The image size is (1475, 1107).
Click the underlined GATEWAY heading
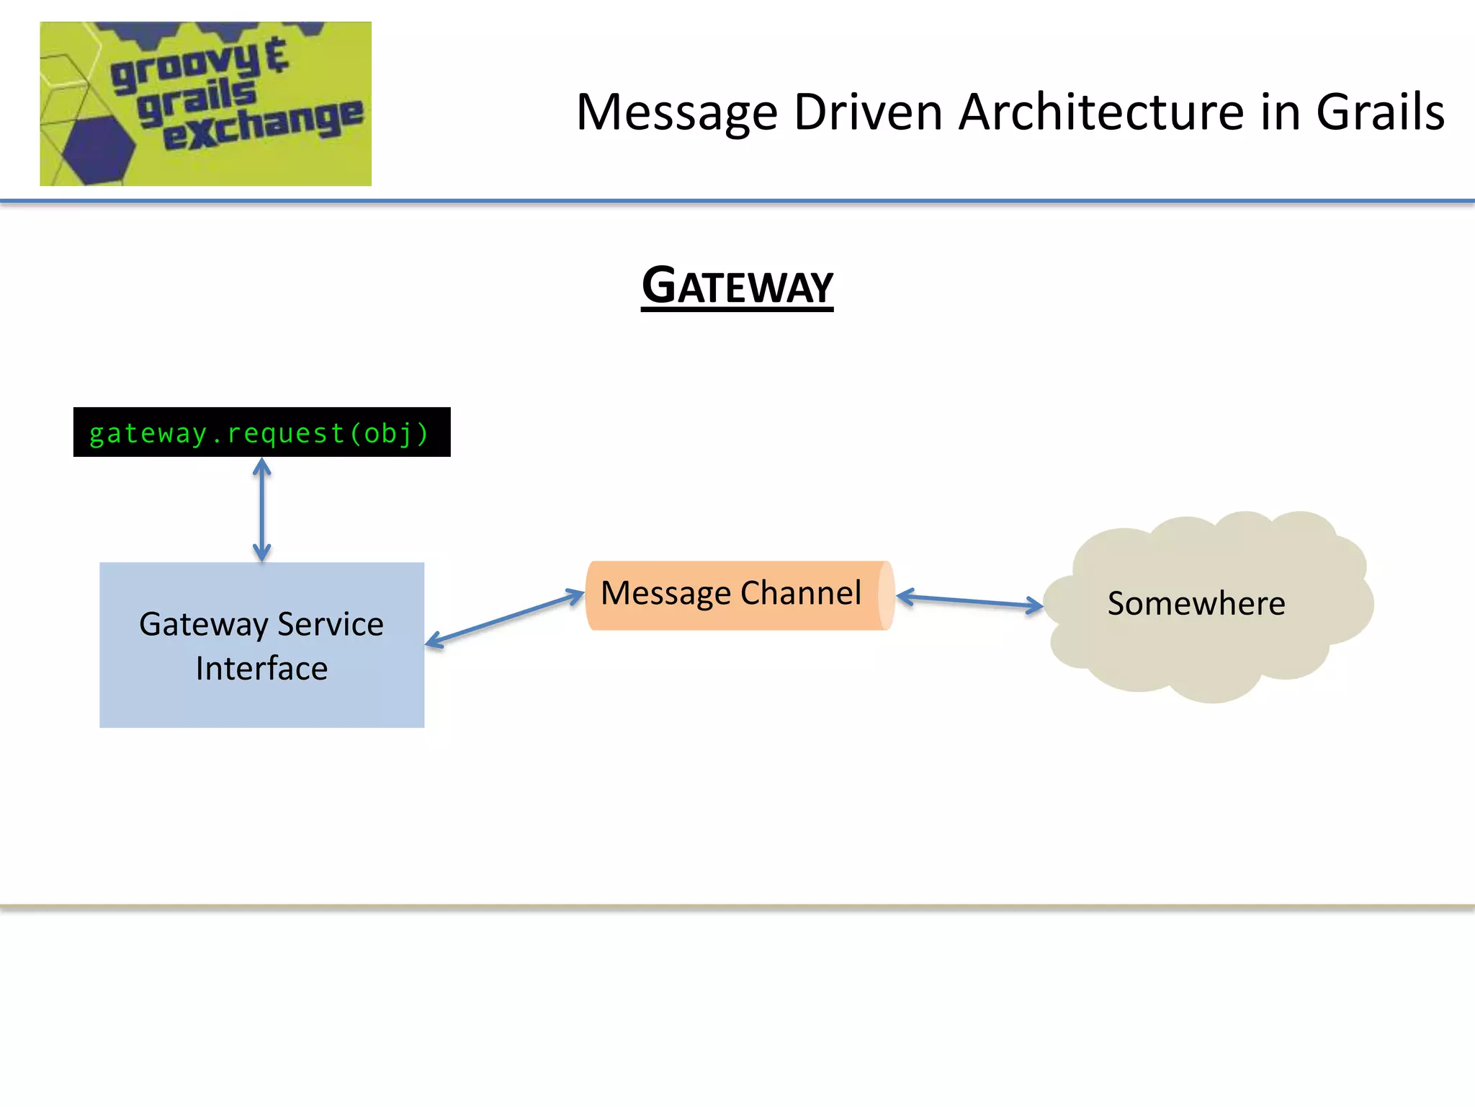[x=737, y=287]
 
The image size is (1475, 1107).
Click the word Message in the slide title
[x=677, y=113]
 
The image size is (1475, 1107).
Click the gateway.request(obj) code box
[x=261, y=432]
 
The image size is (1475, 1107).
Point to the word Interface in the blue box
[x=261, y=668]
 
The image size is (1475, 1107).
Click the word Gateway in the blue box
[x=204, y=624]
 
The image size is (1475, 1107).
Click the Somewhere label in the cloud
[x=1196, y=604]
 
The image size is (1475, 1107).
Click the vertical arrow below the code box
[x=262, y=510]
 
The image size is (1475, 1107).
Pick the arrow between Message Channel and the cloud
[x=969, y=601]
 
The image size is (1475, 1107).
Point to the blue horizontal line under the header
[x=737, y=201]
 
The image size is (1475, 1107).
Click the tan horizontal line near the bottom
[x=737, y=907]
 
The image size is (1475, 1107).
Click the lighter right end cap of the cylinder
[x=887, y=595]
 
